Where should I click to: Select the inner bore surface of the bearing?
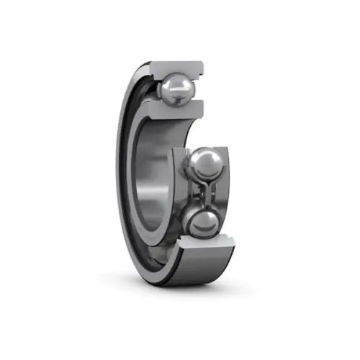pyautogui.click(x=155, y=180)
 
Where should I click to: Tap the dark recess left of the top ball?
pyautogui.click(x=153, y=90)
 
